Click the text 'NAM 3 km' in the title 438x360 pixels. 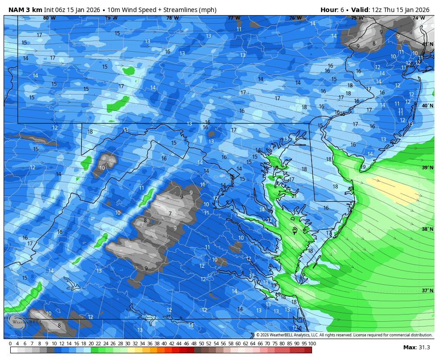click(x=25, y=10)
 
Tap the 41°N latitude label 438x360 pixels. click(x=427, y=44)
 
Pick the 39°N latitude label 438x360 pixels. click(x=427, y=168)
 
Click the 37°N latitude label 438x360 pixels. click(x=427, y=290)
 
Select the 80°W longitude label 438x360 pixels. click(x=49, y=18)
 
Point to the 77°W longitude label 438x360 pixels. click(x=234, y=18)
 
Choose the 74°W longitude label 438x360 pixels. click(x=418, y=18)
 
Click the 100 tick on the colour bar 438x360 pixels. click(x=312, y=344)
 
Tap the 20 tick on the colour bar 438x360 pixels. click(x=91, y=344)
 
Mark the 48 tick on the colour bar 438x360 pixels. click(x=194, y=344)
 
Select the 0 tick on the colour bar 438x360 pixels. click(x=10, y=344)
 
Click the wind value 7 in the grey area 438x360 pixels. click(x=170, y=214)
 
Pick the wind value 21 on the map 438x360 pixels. click(x=294, y=196)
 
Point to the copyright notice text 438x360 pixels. click(x=344, y=335)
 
